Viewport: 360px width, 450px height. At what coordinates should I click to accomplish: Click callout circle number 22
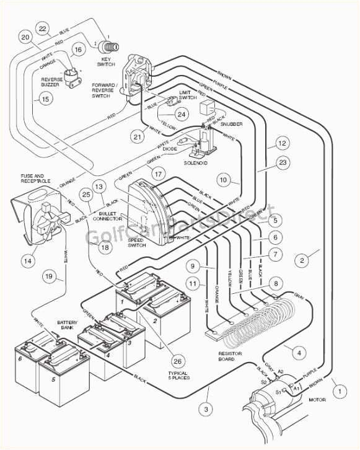(x=42, y=29)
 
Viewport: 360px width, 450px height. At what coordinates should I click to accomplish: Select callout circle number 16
(x=78, y=50)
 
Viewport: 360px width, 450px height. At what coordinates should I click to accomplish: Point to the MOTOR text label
(x=317, y=400)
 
